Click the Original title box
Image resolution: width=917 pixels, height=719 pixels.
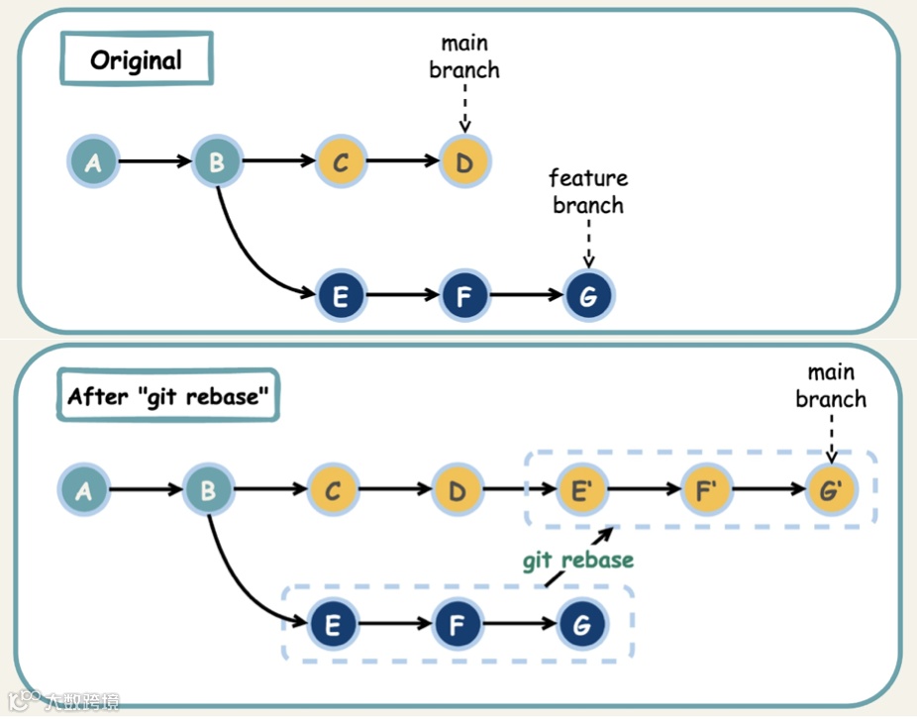137,60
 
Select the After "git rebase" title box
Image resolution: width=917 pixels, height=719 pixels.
167,396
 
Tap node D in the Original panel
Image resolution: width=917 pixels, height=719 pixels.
464,161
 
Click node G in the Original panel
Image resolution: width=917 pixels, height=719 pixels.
589,295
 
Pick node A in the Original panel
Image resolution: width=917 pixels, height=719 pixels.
93,161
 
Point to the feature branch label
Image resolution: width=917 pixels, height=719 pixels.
588,192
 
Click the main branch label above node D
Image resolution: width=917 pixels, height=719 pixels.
464,56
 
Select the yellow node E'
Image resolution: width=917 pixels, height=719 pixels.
580,489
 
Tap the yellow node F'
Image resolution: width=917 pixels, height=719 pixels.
705,489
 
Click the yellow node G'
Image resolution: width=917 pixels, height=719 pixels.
830,489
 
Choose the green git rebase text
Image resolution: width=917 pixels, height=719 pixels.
578,560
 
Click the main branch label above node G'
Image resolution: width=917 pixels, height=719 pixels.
831,386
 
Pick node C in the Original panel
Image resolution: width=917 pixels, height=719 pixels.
341,161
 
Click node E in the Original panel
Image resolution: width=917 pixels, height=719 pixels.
341,295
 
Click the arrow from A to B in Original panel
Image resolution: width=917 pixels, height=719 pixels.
154,161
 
